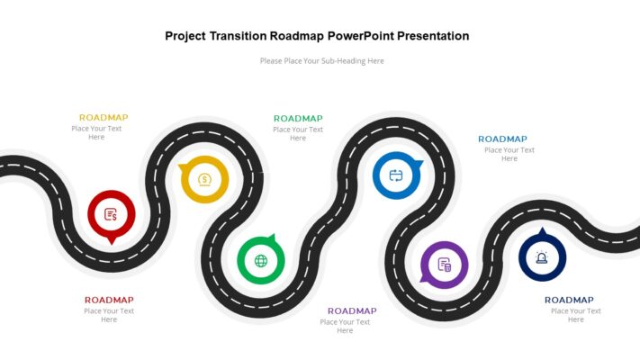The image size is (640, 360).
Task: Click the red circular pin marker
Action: coord(111,214)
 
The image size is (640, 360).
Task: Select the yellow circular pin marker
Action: coord(205,179)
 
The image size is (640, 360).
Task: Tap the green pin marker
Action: coord(261,261)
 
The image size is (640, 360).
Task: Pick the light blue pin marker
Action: coord(396,175)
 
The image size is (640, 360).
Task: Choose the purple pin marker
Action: coord(444,265)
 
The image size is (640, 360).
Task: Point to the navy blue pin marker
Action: coord(542,257)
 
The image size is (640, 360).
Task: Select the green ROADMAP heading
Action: coord(298,119)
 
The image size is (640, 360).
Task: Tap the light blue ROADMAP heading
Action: coord(502,139)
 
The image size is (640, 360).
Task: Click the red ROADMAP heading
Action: coord(109,301)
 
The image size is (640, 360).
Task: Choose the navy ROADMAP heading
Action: coord(569,301)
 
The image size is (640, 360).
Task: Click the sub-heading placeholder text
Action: coord(321,61)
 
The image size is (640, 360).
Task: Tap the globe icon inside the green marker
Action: coord(261,261)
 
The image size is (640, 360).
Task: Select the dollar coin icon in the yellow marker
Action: coord(205,179)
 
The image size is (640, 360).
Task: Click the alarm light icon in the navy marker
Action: coord(542,258)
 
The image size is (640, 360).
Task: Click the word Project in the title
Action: coord(185,36)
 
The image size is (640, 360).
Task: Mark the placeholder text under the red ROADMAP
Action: coord(109,315)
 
